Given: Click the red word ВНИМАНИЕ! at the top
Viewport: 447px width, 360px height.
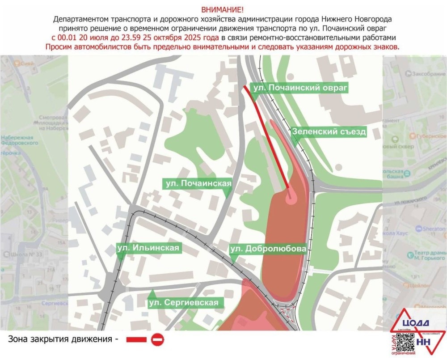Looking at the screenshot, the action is point(223,9).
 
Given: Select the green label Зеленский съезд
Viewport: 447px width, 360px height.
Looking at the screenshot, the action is point(329,131).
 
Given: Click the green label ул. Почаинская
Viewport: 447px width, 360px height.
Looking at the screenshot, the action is point(198,183).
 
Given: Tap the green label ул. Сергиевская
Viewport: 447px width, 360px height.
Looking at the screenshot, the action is point(185,303).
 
